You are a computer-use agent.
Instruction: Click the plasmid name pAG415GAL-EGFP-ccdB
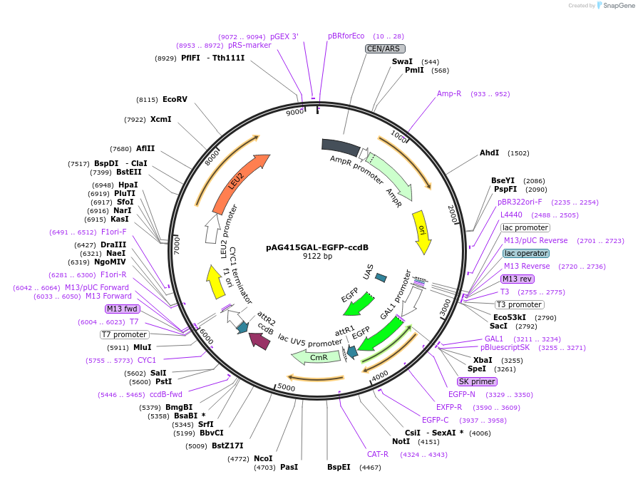point(317,247)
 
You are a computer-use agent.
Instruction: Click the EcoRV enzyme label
point(175,100)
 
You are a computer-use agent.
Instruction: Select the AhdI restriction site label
point(490,153)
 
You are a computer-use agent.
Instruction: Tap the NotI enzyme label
point(401,442)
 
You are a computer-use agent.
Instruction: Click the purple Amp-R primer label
point(449,94)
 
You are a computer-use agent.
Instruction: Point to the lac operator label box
point(526,253)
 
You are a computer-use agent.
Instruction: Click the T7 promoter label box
point(125,334)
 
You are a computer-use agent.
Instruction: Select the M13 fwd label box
point(122,309)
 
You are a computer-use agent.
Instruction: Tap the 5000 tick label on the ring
point(286,386)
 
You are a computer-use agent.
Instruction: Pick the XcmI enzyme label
point(160,119)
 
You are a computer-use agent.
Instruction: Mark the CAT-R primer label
point(378,454)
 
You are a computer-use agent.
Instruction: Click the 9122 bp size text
point(317,257)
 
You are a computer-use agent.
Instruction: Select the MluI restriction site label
point(143,348)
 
